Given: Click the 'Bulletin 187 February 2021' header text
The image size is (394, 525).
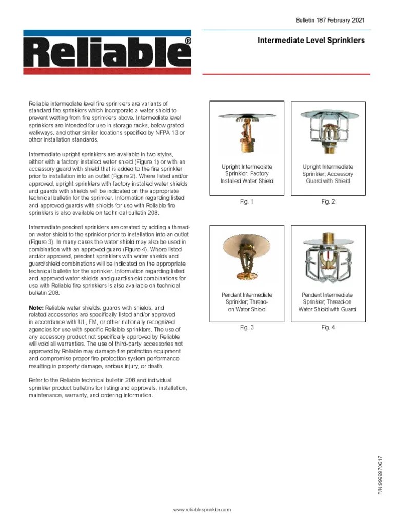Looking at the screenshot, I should click(x=330, y=21).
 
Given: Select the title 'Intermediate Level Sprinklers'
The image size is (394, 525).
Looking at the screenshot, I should click(x=311, y=41).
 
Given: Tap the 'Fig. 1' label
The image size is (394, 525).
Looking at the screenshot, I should click(x=247, y=202).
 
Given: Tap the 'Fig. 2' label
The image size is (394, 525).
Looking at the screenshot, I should click(x=328, y=202).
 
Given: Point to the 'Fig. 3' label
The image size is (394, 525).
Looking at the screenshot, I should click(x=247, y=328).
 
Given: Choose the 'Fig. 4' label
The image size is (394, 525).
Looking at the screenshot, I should click(x=328, y=328).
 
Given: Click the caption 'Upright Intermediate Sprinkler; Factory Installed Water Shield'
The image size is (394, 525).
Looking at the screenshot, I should click(x=247, y=174).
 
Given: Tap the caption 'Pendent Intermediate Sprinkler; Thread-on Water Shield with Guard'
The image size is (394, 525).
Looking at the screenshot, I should click(x=327, y=302).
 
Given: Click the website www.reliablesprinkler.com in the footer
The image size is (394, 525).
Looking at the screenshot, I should click(x=202, y=509).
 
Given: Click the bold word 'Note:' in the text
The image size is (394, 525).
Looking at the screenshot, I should click(x=36, y=308).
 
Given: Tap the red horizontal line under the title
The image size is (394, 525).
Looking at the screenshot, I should click(x=286, y=74).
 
